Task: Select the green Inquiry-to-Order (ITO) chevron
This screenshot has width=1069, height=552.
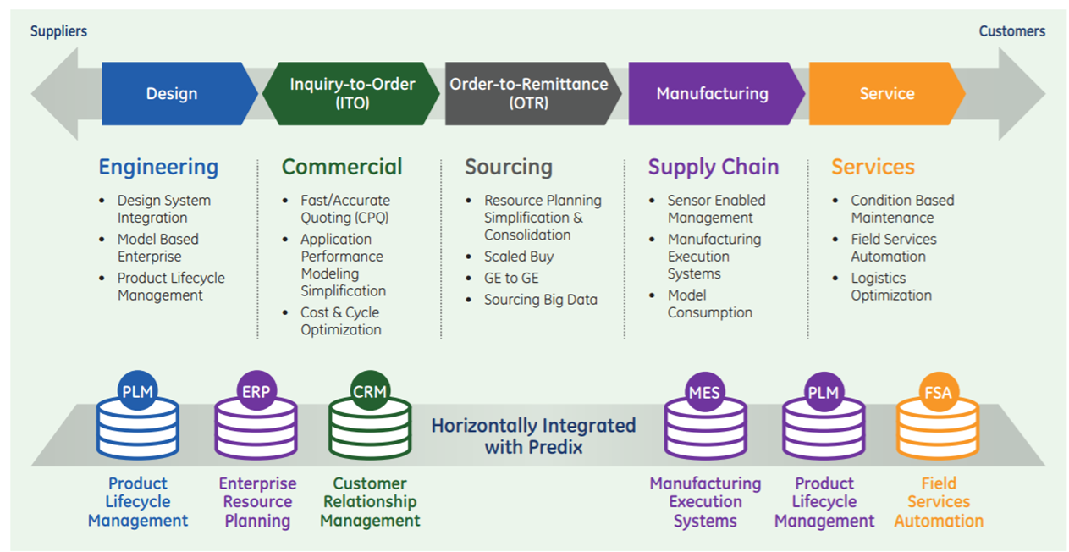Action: click(351, 94)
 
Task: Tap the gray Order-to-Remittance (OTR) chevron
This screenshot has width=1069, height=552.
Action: click(533, 94)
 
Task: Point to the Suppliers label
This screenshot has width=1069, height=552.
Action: click(58, 31)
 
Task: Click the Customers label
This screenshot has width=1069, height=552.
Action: click(1011, 31)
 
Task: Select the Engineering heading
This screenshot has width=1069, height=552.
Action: click(158, 168)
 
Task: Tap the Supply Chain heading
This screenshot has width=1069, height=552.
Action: click(713, 168)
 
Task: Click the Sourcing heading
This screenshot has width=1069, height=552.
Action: click(509, 168)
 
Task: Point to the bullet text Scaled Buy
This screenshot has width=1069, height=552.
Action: click(519, 257)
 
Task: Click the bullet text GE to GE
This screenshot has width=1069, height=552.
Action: click(511, 278)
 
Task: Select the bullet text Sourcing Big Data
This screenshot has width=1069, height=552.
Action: click(541, 300)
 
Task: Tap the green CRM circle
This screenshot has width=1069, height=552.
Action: click(370, 391)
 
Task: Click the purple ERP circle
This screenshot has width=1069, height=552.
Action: click(256, 391)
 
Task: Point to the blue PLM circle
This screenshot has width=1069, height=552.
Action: click(137, 391)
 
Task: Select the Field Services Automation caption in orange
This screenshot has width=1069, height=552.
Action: click(939, 502)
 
